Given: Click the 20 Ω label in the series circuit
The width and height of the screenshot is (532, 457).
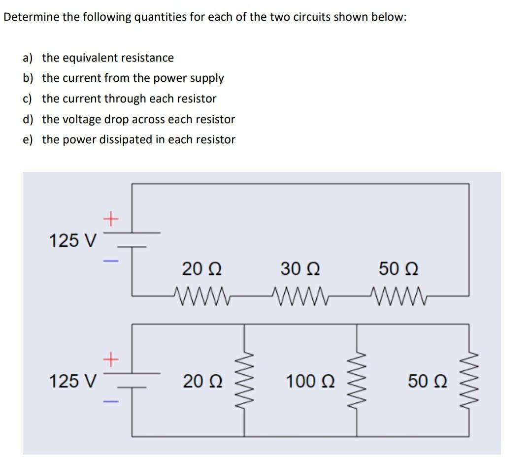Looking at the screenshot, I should tap(201, 269).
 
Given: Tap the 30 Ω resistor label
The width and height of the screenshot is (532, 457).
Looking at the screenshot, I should tap(300, 269).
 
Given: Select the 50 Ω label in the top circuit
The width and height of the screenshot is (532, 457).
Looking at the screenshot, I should tap(399, 269).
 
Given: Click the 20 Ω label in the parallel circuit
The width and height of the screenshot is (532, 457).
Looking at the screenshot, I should tap(202, 381).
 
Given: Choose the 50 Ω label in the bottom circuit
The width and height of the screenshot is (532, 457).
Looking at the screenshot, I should tap(428, 381).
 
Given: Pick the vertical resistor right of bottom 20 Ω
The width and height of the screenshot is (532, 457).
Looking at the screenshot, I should tap(245, 380).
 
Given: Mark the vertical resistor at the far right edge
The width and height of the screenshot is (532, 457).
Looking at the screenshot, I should tap(468, 380).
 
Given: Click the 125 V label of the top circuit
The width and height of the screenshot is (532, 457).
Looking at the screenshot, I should tap(73, 241).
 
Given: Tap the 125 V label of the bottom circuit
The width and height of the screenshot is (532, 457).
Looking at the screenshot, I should tap(73, 381).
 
